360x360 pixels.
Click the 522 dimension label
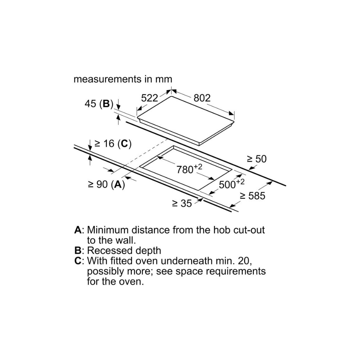click(149, 98)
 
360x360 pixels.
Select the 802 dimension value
click(202, 98)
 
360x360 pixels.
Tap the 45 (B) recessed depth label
click(99, 104)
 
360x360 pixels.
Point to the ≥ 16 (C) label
click(113, 144)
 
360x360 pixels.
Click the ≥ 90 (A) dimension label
click(106, 184)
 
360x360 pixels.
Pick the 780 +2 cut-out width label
click(189, 169)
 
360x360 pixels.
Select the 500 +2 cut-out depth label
click(231, 184)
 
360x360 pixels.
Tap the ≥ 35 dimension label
click(182, 203)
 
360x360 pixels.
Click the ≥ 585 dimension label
click(253, 196)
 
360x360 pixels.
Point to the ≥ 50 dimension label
click(257, 159)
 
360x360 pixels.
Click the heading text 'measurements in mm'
click(123, 79)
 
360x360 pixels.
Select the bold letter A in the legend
click(78, 230)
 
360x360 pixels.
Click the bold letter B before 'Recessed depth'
click(78, 251)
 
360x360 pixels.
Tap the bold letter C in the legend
click(78, 261)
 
